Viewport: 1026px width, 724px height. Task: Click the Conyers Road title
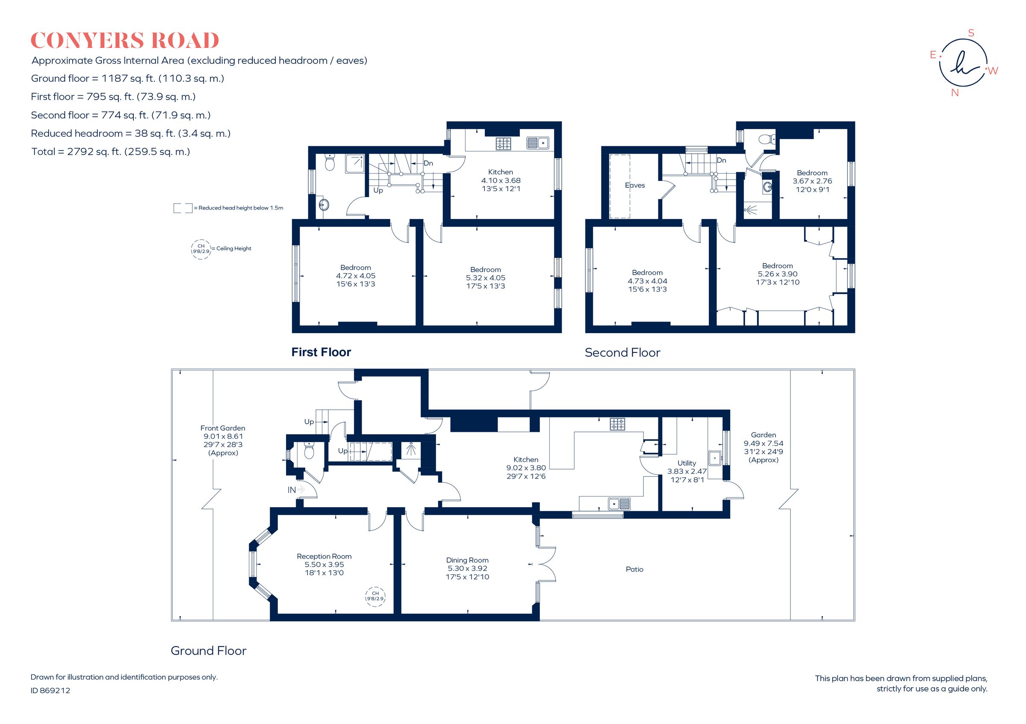[125, 41]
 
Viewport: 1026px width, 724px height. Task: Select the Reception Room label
[324, 556]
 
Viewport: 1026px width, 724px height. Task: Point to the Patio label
[634, 569]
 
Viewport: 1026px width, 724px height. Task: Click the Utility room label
[687, 463]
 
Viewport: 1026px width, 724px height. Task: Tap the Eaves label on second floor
[634, 185]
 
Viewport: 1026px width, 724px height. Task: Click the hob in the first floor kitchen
[504, 143]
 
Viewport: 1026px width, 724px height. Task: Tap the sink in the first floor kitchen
[537, 143]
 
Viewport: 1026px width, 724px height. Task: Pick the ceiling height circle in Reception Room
[375, 596]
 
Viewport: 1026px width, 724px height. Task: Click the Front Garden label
[223, 428]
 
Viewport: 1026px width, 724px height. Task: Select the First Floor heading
[321, 352]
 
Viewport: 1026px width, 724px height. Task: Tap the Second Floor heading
[622, 353]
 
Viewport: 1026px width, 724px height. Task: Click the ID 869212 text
[50, 691]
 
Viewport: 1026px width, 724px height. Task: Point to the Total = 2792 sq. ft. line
[110, 151]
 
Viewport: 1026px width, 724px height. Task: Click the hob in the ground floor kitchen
[617, 424]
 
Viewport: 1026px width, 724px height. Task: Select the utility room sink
[714, 458]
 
